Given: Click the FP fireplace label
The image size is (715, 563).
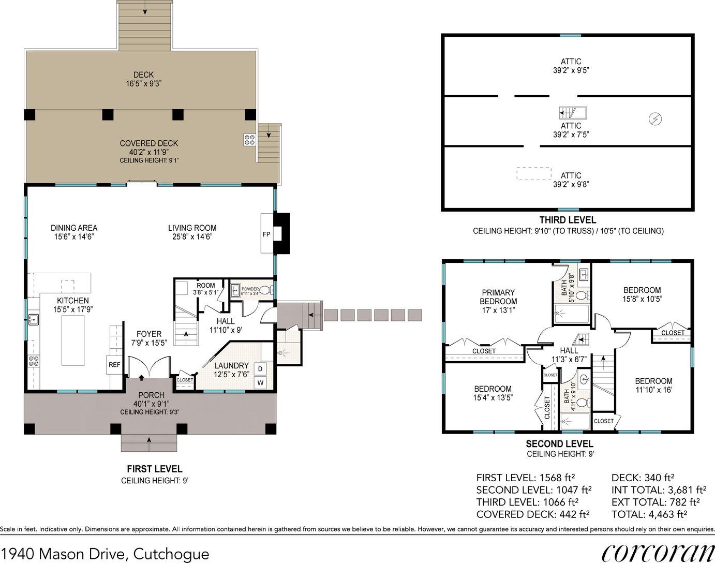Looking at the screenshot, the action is pos(266,234).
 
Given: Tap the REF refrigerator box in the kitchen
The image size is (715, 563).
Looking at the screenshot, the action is pos(114,365).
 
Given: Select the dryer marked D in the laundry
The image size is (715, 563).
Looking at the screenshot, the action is pos(260,368).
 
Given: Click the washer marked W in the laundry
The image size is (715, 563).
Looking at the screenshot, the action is pos(260,383).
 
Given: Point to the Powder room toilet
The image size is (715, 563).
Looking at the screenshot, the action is pos(265,290).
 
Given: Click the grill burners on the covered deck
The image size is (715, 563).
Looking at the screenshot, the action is pos(249,140).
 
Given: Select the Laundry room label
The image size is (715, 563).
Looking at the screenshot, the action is pos(231,365).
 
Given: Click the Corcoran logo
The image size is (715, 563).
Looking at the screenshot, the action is pos(657,553).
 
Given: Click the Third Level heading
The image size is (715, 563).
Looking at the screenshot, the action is pos(568,220).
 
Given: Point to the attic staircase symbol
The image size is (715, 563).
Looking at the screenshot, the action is pos(573,113).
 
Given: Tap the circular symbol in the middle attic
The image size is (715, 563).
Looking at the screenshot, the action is pos(655,118).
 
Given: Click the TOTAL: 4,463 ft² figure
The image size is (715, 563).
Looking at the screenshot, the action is pos(649,514).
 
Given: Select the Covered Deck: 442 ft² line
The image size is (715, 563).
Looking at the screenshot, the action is pos(532,514).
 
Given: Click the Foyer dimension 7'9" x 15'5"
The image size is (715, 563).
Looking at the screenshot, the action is pos(149,343).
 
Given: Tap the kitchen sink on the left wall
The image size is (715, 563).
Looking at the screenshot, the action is pos(34,320).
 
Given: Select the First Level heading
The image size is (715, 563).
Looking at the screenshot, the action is pos(155,469).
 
